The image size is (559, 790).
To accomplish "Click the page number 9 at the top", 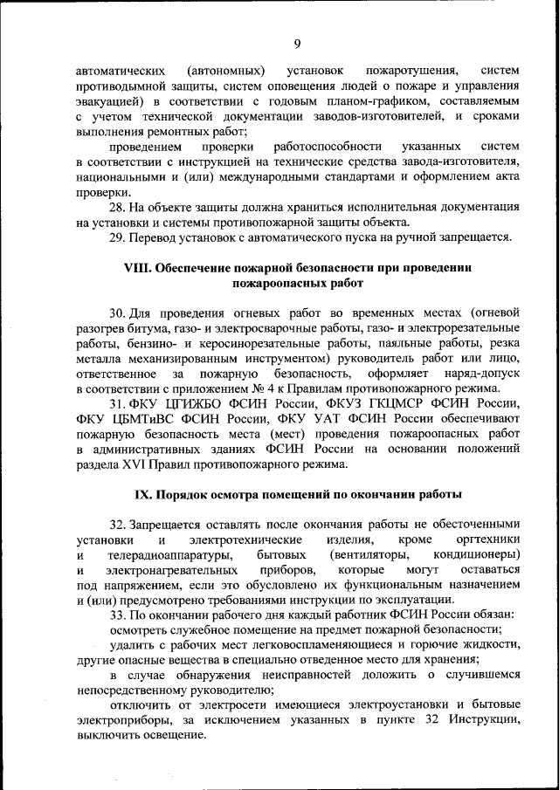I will pyautogui.click(x=297, y=45).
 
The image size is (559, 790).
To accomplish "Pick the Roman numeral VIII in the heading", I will pyautogui.click(x=139, y=268).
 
